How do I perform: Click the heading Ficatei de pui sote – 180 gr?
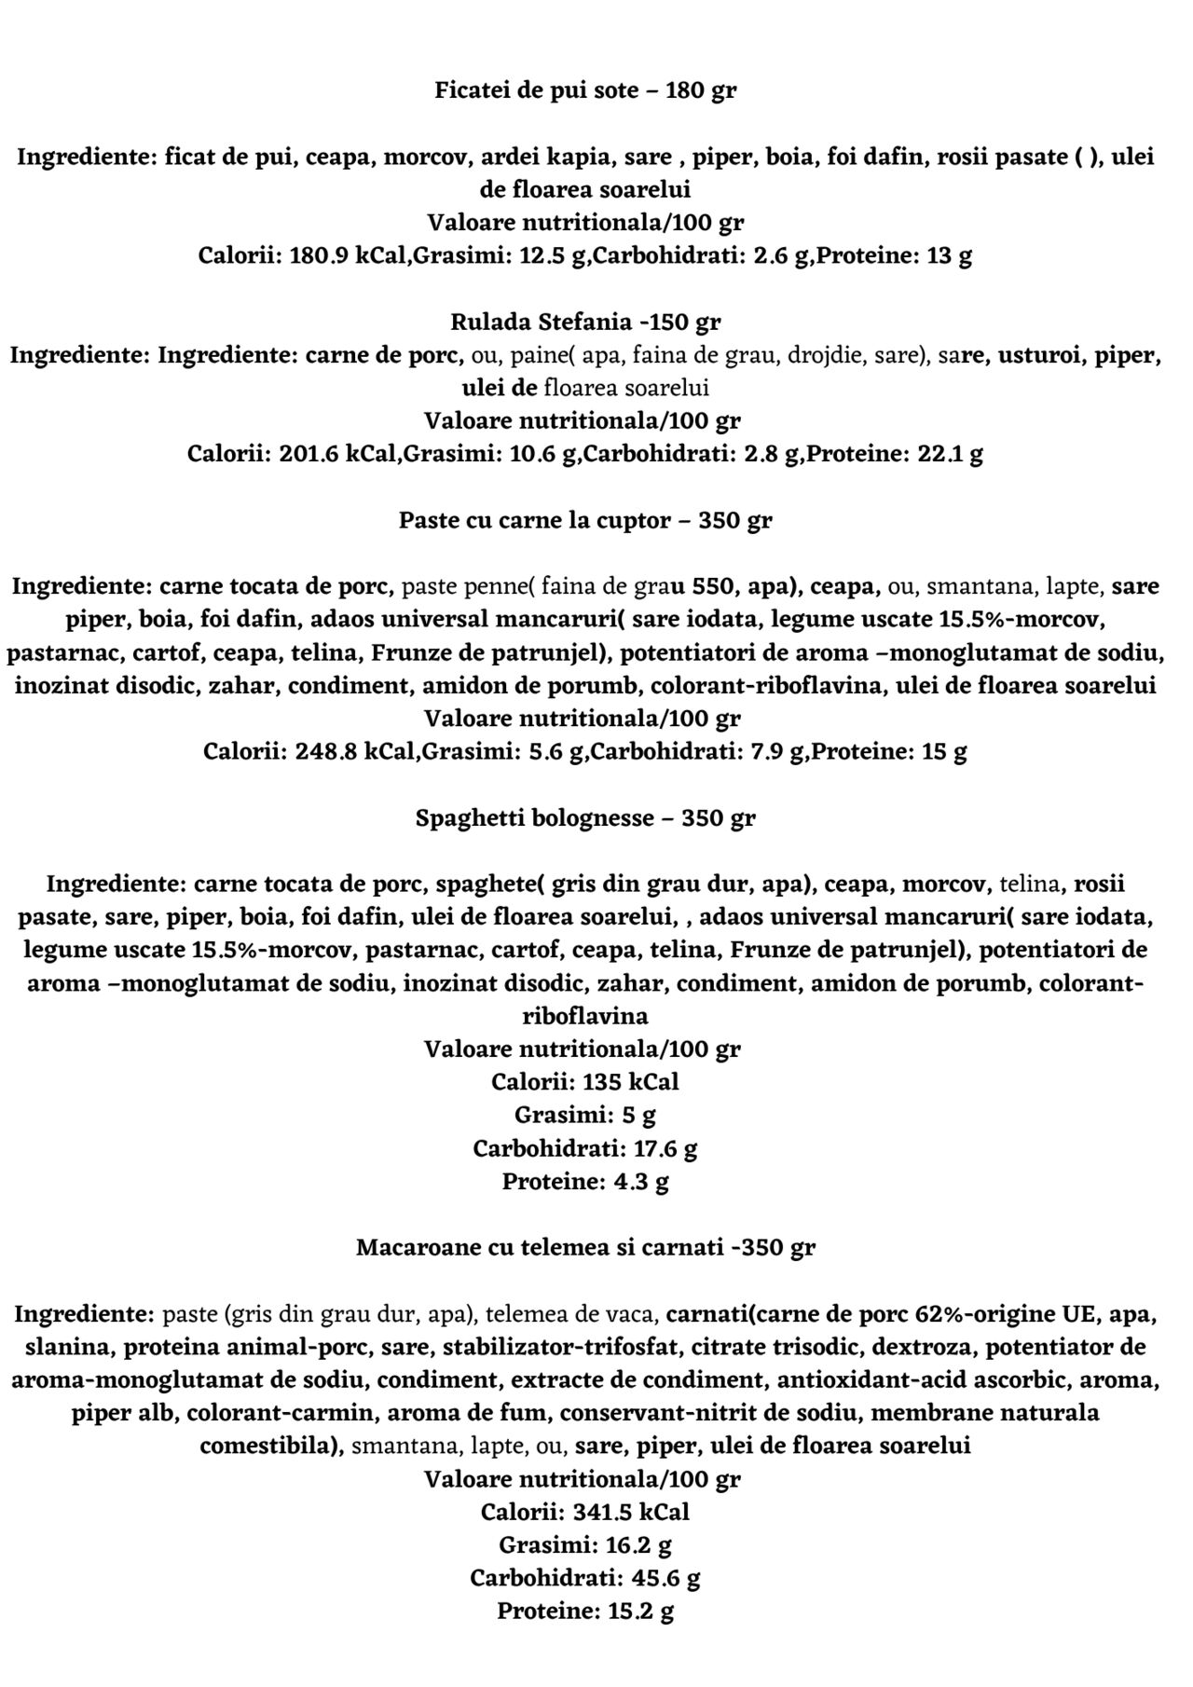point(585,91)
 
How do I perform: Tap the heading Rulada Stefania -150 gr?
point(585,322)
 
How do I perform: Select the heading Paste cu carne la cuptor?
point(585,520)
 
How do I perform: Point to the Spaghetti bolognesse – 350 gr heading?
point(585,818)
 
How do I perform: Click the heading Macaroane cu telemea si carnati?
point(585,1247)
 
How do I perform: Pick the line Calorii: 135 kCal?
point(585,1082)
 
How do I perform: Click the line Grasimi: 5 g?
point(585,1115)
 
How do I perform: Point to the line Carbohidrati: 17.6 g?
point(585,1148)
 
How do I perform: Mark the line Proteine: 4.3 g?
point(585,1182)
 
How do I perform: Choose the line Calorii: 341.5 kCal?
point(585,1512)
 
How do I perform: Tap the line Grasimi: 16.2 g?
point(585,1545)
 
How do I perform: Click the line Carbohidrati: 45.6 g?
point(585,1578)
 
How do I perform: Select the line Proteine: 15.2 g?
point(585,1612)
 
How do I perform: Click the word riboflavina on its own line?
point(585,1015)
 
